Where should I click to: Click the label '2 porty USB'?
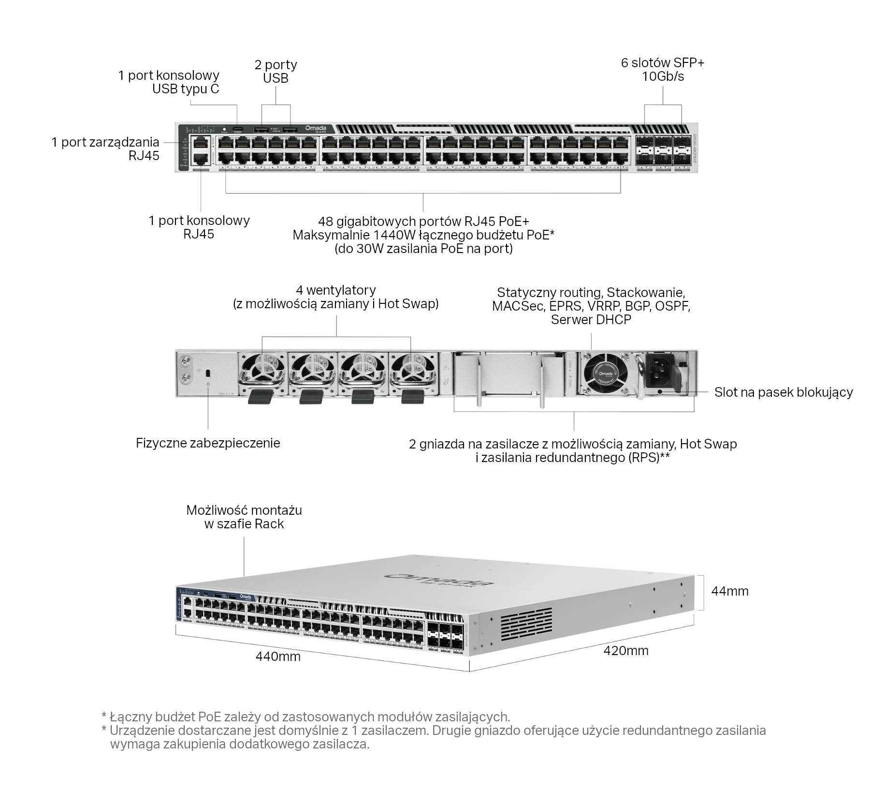pos(275,71)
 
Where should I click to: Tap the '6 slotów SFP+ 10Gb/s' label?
pos(663,69)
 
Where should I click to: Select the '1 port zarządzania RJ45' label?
pos(105,149)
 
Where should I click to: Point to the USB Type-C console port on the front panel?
pos(237,129)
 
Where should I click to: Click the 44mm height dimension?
pos(729,591)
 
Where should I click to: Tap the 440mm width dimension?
pos(278,656)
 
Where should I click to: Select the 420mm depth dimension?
pos(625,650)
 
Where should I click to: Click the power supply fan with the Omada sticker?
pos(605,374)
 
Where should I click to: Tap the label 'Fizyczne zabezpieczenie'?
pos(208,443)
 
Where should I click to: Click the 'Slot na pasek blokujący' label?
pos(783,392)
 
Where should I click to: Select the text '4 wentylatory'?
pos(336,290)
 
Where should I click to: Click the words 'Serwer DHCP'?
pos(591,319)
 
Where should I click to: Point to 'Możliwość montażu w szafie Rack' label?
pos(244,517)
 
